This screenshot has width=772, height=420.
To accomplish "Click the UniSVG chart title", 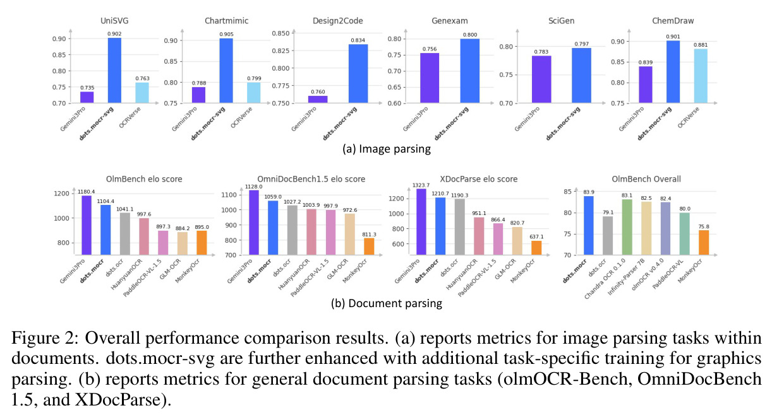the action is [x=114, y=21].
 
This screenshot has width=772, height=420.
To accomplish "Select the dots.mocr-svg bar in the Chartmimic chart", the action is [x=226, y=71].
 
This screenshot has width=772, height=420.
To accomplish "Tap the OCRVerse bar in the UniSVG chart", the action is [x=142, y=93].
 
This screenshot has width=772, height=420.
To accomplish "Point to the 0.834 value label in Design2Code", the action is [x=358, y=40].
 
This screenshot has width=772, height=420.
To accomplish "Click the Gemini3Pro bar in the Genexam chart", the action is [x=430, y=78].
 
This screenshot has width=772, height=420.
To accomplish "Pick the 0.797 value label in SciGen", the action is [x=581, y=44].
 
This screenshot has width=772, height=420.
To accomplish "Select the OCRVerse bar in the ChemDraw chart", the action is [x=701, y=76].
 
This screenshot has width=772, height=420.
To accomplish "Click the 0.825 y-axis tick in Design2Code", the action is [x=280, y=51].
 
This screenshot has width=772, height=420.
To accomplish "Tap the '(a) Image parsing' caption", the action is [x=387, y=149].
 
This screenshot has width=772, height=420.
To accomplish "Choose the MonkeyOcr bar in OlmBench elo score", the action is [x=202, y=243].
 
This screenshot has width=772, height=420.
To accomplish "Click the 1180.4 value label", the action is [x=86, y=192].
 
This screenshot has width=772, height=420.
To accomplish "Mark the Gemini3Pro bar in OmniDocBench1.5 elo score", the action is [x=254, y=223].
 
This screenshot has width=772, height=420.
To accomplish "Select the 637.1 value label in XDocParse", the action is [x=536, y=236].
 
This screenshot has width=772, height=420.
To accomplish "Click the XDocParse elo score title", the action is [x=478, y=179].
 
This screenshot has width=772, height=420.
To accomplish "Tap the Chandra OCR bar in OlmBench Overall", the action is [x=627, y=227].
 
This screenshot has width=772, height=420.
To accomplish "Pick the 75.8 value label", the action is [x=704, y=226].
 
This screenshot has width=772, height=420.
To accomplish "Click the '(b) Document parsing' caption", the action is [x=387, y=303].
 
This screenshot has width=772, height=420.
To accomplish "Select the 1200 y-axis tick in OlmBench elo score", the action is [x=61, y=194].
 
